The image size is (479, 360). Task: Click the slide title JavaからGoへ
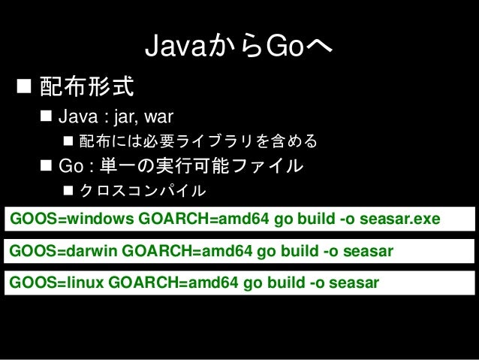click(x=239, y=46)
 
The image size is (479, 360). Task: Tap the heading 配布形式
click(x=87, y=86)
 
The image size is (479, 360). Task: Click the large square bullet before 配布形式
click(x=24, y=86)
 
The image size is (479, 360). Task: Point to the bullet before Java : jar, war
click(x=46, y=116)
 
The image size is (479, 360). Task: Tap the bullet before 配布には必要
click(x=68, y=141)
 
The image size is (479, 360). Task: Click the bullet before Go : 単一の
click(x=46, y=165)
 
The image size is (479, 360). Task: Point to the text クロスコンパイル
click(x=143, y=191)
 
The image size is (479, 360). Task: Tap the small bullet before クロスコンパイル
click(x=68, y=191)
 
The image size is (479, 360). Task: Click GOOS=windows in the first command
click(x=72, y=219)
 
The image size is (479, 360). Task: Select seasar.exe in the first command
click(x=400, y=219)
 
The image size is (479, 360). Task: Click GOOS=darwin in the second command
click(x=63, y=251)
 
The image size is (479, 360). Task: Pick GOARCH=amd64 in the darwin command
click(x=187, y=251)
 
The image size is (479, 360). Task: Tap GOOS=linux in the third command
click(x=56, y=283)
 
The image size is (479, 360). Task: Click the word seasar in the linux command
click(x=354, y=283)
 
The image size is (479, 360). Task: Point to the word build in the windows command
click(x=316, y=219)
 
